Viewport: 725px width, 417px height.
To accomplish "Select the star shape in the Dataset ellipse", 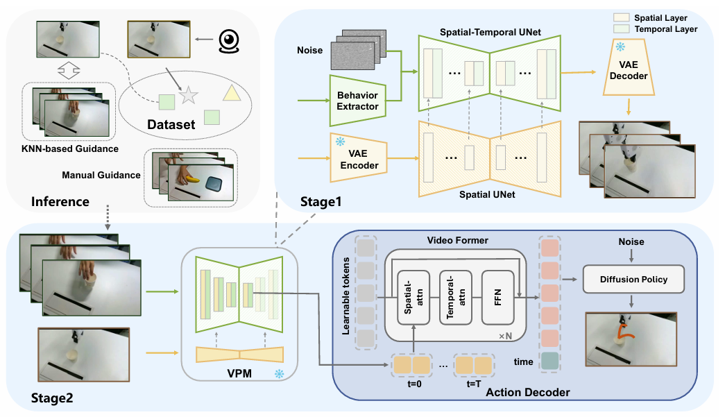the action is click(189, 95).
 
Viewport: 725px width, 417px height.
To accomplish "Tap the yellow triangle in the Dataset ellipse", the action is click(232, 92).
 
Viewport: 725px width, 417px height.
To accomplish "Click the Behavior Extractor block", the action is click(357, 101).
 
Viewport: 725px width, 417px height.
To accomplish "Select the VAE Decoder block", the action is click(629, 67).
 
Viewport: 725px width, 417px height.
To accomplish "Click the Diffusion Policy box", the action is click(633, 279).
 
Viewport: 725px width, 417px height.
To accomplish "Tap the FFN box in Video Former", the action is click(498, 298).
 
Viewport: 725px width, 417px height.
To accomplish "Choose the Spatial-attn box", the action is click(413, 298).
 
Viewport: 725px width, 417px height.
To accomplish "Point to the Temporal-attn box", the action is click(455, 298).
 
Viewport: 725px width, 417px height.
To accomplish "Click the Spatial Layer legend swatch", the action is click(622, 17).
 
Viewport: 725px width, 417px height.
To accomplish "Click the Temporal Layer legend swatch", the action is click(622, 28).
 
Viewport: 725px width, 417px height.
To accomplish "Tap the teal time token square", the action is click(549, 361).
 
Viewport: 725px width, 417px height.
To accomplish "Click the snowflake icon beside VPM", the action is click(280, 373).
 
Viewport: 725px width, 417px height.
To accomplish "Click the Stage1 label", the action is click(321, 202).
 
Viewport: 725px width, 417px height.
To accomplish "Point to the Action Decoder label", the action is click(527, 392).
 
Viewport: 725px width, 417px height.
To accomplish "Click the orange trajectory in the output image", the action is click(626, 332).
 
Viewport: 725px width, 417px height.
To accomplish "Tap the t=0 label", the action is click(414, 384).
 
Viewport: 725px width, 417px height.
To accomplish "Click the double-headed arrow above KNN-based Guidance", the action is click(69, 70).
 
